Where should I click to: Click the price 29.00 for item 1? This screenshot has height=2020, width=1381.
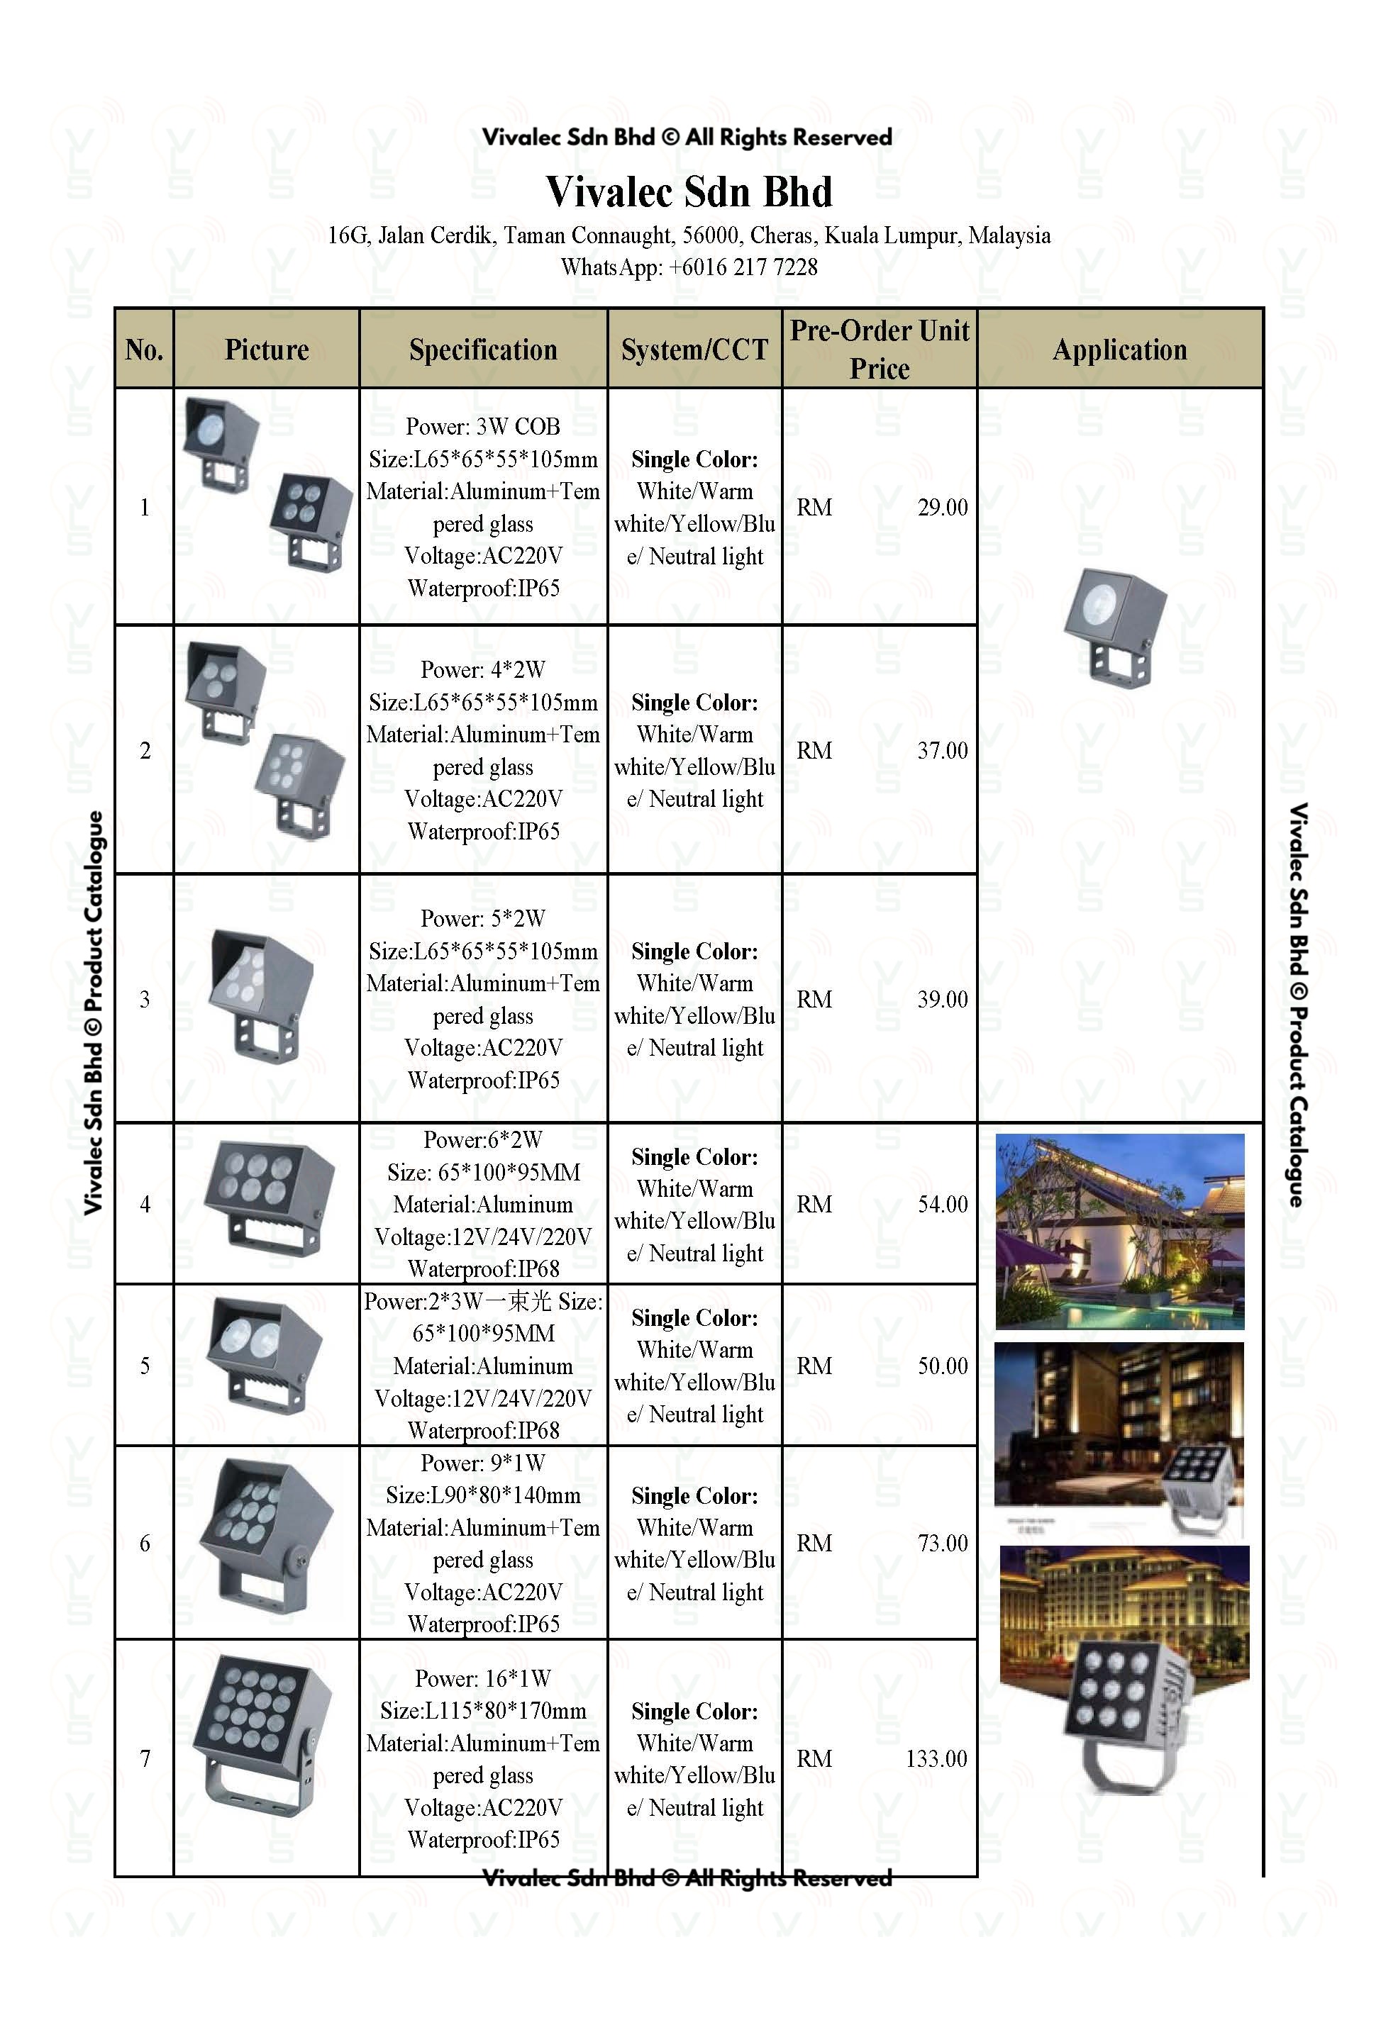tap(942, 508)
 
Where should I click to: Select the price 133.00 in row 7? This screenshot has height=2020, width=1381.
tap(936, 1758)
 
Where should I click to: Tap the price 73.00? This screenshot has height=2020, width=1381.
tap(942, 1543)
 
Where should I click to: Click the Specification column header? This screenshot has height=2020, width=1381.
tap(482, 350)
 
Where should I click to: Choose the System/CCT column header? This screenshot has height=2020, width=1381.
tap(694, 350)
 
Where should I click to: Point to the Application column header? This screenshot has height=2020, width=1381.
tap(1119, 350)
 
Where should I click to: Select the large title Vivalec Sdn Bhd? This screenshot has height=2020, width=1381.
tap(689, 191)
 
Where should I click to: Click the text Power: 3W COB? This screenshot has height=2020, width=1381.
tap(482, 426)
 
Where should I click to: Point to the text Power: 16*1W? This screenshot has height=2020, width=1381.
tap(482, 1678)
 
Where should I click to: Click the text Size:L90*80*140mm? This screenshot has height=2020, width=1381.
tap(482, 1495)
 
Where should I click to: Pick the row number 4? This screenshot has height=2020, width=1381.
tap(145, 1204)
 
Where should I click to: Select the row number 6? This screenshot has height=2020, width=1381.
tap(145, 1543)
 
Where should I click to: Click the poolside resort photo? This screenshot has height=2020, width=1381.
tap(1119, 1231)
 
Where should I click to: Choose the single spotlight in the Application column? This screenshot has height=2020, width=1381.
tap(1114, 627)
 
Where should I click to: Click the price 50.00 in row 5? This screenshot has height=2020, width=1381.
tap(942, 1366)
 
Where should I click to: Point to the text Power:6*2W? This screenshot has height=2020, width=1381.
tap(482, 1139)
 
